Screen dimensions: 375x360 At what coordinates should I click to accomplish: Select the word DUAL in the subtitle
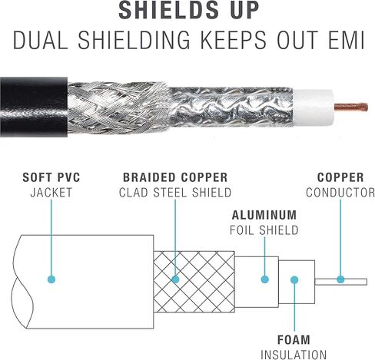(x=41, y=40)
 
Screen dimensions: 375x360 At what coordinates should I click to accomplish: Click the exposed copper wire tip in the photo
(x=351, y=107)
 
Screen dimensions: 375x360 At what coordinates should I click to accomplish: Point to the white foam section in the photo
(x=314, y=107)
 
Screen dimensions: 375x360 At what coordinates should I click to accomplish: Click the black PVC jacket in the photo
(x=34, y=107)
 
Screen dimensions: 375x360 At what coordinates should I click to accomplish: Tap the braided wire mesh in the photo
(x=118, y=107)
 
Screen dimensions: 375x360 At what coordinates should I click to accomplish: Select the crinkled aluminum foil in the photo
(x=232, y=107)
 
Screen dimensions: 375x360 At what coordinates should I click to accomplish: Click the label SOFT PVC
(x=51, y=177)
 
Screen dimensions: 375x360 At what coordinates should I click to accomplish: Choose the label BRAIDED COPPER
(x=175, y=177)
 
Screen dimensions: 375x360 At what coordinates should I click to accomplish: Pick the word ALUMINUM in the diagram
(x=264, y=215)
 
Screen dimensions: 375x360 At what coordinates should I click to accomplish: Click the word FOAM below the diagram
(x=294, y=340)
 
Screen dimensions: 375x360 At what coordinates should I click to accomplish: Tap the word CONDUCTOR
(x=340, y=193)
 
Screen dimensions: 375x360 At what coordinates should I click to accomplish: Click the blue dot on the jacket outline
(x=51, y=279)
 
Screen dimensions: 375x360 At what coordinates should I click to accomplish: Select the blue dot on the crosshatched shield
(x=175, y=279)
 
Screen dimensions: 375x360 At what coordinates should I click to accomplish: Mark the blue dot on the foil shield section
(x=265, y=279)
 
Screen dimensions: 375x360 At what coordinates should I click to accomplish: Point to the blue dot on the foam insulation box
(x=294, y=279)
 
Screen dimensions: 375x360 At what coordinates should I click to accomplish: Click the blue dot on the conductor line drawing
(x=340, y=279)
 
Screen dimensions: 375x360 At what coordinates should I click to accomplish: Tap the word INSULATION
(x=294, y=355)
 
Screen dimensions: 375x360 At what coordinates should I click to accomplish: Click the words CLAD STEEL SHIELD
(x=175, y=193)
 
